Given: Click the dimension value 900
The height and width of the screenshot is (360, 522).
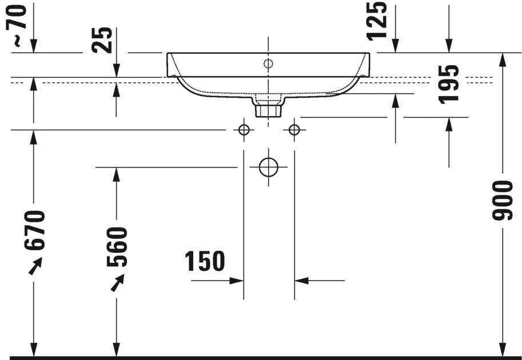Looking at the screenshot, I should [503, 201].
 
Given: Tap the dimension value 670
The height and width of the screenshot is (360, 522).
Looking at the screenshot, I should [34, 230].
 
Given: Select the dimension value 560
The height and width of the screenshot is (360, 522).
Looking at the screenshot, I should [117, 247].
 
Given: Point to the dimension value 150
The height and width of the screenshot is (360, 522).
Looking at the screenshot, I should [205, 261].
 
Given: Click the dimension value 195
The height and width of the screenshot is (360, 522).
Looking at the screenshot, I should [449, 83].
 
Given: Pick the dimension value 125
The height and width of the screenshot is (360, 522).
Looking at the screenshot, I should [377, 21].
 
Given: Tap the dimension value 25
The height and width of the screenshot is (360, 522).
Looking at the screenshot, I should [103, 41].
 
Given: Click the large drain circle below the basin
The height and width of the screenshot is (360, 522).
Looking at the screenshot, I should [268, 167].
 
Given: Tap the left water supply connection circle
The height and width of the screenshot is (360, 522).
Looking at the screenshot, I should [244, 130].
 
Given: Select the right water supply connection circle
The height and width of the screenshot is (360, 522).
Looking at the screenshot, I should [294, 130].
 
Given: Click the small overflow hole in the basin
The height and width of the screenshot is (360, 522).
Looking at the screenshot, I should [268, 63].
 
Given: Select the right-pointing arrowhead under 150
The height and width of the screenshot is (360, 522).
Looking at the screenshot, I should [237, 281].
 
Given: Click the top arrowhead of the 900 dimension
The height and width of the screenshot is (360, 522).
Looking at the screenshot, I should [503, 59].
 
